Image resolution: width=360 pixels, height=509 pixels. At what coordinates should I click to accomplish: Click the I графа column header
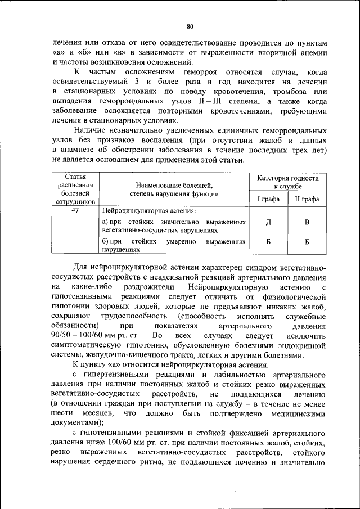268,199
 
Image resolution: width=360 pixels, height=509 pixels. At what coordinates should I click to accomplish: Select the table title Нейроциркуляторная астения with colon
149,211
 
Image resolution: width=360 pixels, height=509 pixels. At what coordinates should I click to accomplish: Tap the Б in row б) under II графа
307,242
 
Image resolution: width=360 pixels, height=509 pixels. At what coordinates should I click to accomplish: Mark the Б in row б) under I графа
268,242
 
